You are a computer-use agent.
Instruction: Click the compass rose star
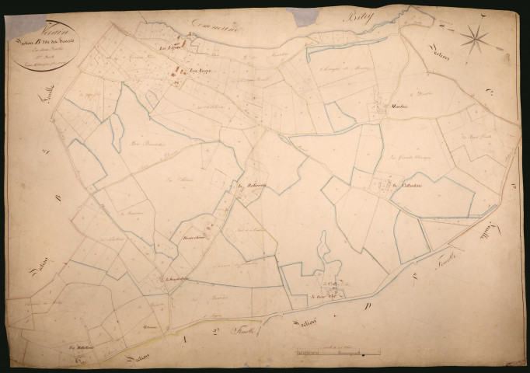(476, 35)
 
